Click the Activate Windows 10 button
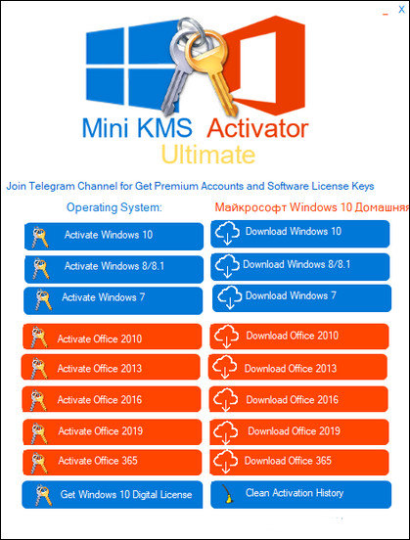114,236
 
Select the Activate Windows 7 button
114,297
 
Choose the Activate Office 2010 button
114,338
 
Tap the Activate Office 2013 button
114,369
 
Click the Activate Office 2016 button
114,399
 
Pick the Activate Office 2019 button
114,431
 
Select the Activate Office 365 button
114,461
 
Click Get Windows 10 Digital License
114,494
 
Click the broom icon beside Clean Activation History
228,494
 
